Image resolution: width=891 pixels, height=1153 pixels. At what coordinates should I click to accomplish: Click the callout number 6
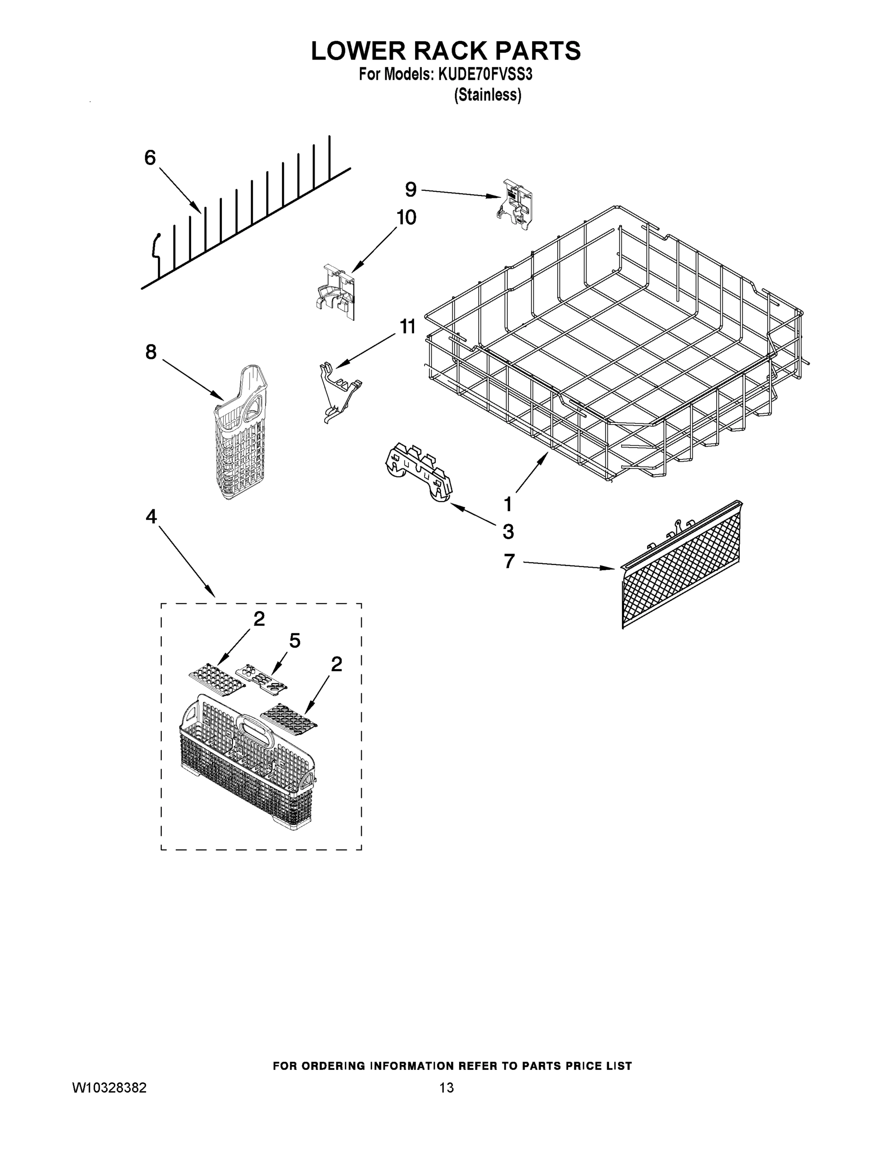tap(150, 157)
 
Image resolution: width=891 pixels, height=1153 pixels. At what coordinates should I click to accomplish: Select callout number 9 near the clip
tap(411, 189)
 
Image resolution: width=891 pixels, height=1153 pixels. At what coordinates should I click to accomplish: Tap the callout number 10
tap(406, 217)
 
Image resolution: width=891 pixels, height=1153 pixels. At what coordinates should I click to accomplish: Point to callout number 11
tap(407, 327)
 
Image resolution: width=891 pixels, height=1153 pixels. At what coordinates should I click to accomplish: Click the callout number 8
tap(151, 352)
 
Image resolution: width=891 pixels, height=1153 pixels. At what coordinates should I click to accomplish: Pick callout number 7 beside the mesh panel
tap(508, 561)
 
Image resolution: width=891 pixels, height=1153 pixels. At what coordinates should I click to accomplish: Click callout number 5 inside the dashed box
tap(294, 640)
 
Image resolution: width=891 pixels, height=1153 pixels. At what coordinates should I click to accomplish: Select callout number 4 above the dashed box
tap(151, 516)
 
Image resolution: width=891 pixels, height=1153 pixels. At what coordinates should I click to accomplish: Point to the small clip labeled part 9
tap(514, 204)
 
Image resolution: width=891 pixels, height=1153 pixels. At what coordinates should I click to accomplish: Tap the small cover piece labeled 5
tap(261, 677)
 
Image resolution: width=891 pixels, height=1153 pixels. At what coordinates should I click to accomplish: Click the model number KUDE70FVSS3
tap(484, 74)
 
